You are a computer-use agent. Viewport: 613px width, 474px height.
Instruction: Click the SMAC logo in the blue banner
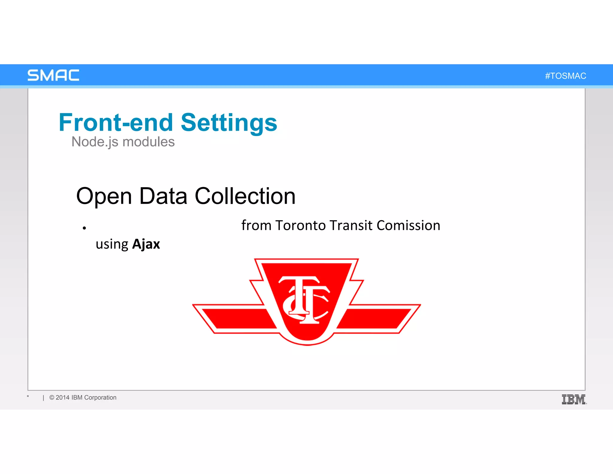point(53,75)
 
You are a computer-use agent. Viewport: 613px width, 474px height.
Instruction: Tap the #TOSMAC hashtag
point(565,76)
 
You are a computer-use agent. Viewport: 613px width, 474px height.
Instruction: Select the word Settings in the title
point(229,123)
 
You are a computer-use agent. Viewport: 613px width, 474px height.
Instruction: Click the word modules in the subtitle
point(148,142)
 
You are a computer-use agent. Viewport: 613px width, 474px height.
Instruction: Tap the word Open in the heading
point(104,196)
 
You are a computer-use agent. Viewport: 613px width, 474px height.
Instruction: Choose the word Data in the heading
point(163,196)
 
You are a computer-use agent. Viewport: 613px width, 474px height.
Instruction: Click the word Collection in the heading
point(245,196)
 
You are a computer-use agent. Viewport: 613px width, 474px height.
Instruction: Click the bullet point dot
point(84,228)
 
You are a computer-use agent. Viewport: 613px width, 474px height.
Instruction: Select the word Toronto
point(301,225)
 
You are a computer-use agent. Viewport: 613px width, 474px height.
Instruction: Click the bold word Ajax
point(146,244)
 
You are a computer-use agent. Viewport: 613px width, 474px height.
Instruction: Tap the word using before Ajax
point(112,244)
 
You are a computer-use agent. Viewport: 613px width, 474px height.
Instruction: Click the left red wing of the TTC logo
point(236,319)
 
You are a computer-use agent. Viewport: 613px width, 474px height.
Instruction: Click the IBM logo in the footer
point(574,399)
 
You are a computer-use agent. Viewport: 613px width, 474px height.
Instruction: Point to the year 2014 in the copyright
point(63,398)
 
